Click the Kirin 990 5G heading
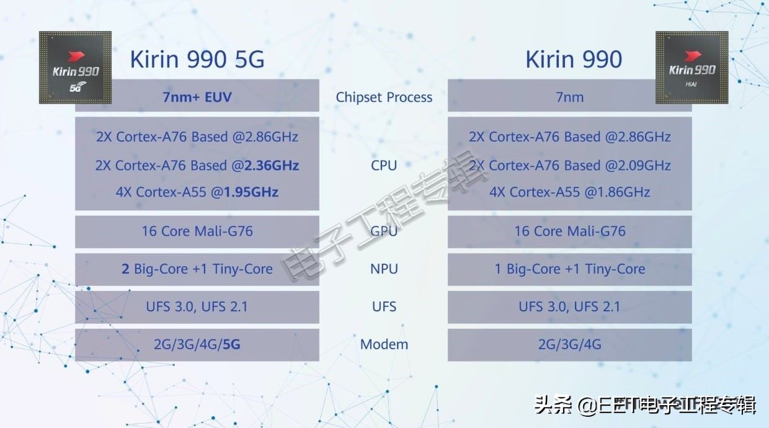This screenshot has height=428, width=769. point(197,60)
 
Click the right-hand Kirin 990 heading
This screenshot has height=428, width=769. point(573,60)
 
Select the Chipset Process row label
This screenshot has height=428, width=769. point(384,97)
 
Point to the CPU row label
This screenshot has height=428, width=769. point(384,166)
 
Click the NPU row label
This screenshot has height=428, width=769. point(384,269)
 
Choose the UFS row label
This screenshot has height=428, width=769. point(384,306)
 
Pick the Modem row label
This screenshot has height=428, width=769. point(384,344)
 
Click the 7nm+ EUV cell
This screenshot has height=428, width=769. point(197,97)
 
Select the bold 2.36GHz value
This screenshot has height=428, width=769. point(272,166)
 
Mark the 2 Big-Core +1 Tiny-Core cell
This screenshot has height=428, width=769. point(197,269)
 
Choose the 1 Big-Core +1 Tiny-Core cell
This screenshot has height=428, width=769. point(569,269)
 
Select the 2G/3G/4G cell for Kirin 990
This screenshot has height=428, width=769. point(569,344)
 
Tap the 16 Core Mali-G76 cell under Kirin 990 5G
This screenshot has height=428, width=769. point(197,231)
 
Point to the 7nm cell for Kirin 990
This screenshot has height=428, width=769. point(569,97)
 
